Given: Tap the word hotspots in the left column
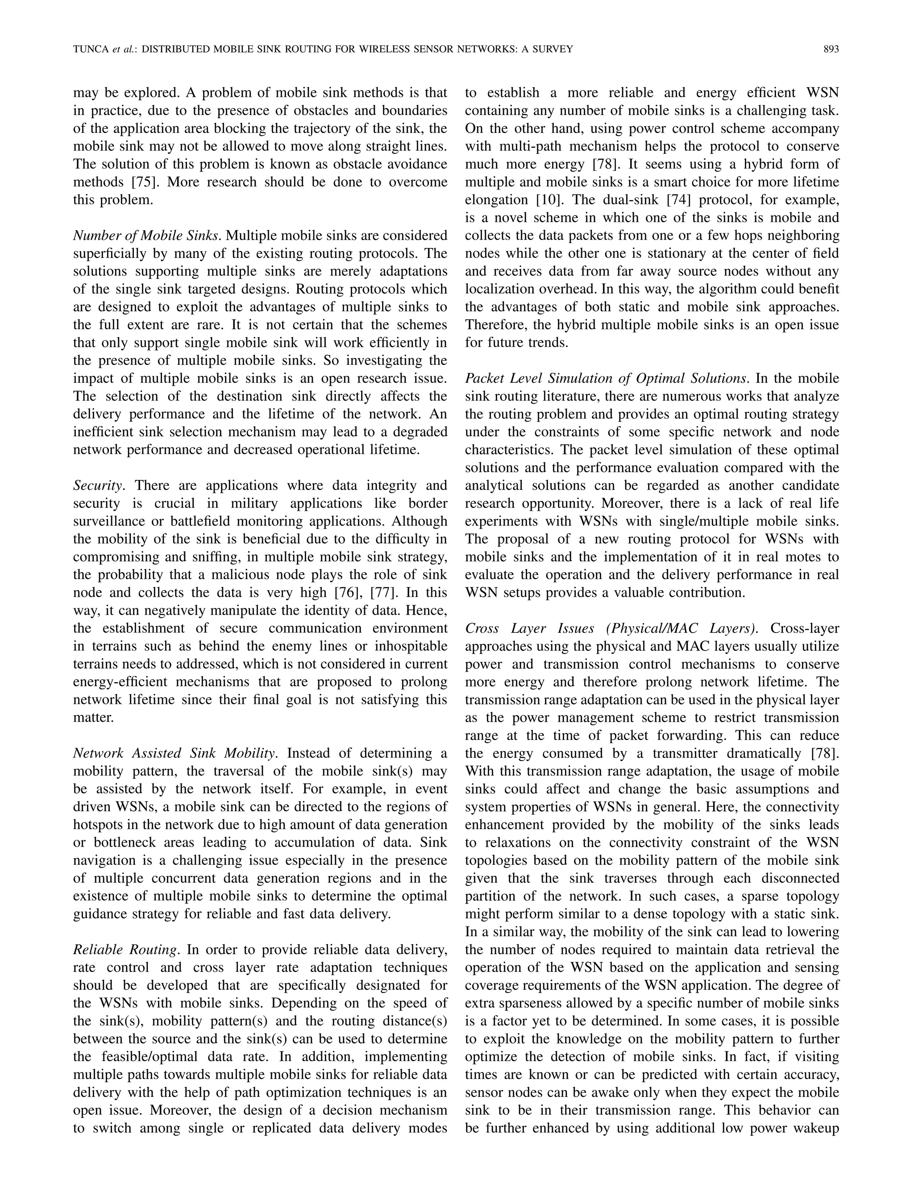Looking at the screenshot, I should (100, 825).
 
